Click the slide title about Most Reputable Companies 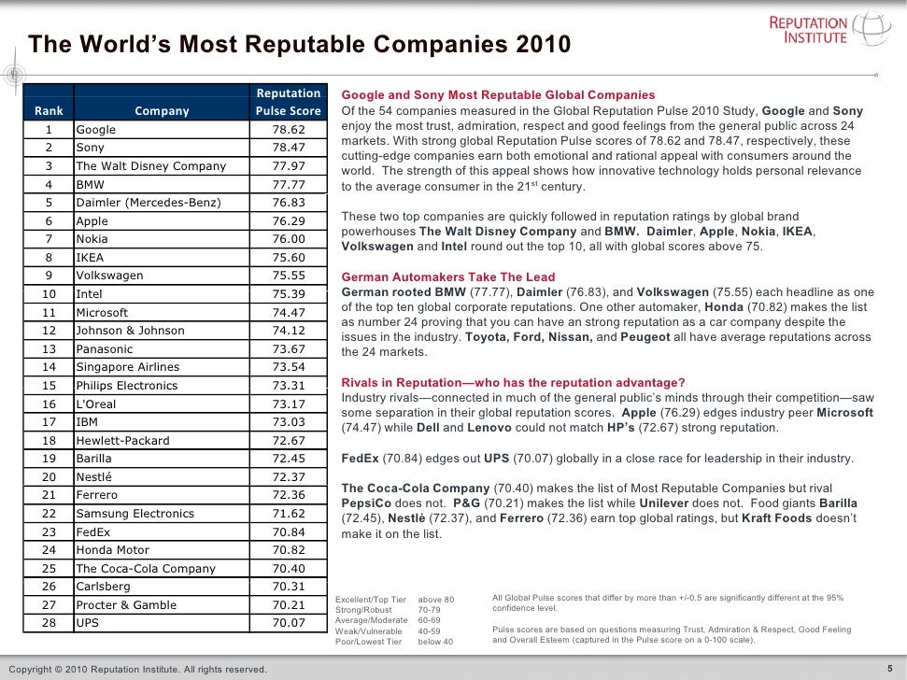[298, 46]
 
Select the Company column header [162, 111]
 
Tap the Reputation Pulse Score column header [289, 102]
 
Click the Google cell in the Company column [95, 130]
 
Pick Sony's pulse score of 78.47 [289, 148]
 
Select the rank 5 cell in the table [50, 203]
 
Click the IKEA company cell [90, 258]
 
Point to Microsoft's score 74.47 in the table [289, 313]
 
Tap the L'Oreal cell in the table [95, 404]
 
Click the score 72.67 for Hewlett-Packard [289, 441]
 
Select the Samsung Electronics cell [121, 514]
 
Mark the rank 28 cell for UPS [50, 623]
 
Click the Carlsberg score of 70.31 [289, 587]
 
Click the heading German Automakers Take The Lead [448, 277]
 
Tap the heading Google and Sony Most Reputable [498, 96]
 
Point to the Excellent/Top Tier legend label [371, 599]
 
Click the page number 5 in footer [888, 668]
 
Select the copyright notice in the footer [136, 669]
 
